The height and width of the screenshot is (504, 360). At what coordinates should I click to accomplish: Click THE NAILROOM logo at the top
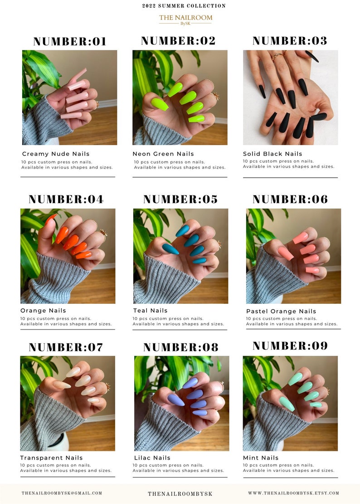(185, 19)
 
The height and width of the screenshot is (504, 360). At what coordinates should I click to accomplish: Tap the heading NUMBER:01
(70, 42)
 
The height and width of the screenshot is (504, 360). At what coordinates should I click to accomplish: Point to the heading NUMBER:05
(180, 199)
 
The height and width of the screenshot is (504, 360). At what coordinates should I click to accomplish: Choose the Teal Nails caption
(150, 310)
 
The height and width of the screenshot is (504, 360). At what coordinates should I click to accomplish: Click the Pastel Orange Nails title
(281, 311)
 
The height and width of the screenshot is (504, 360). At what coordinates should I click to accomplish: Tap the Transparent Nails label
(51, 458)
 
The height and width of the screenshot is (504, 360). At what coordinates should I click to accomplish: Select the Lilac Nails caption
(152, 458)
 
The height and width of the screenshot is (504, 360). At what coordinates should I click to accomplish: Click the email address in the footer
(62, 493)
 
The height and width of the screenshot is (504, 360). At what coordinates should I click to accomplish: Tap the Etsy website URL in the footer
(293, 493)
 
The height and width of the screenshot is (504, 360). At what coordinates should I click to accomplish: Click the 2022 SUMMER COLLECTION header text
(184, 6)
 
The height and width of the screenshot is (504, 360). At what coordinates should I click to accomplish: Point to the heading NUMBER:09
(290, 346)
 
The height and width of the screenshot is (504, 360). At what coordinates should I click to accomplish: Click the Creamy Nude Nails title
(56, 154)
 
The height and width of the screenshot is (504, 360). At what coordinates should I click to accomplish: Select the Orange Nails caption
(43, 310)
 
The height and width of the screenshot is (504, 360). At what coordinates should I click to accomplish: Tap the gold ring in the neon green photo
(215, 96)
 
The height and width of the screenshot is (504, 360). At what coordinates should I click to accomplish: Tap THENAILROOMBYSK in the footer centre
(180, 494)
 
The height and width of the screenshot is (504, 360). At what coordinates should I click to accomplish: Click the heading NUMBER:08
(180, 348)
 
